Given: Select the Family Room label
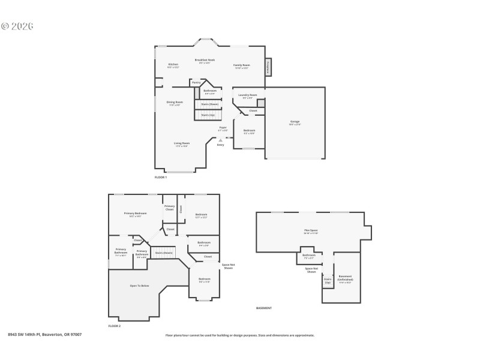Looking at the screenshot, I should click(242, 66).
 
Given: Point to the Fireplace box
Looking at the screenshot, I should click(268, 67).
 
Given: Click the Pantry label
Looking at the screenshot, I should click(196, 82).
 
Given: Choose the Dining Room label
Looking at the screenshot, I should click(175, 103).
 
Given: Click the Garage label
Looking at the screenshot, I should click(295, 122).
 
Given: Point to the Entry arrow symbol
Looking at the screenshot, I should click(220, 140).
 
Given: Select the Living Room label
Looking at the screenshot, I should click(182, 144).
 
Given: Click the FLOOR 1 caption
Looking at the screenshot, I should click(161, 177).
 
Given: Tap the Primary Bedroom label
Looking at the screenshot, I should click(136, 214).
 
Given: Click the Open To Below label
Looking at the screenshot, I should click(139, 286).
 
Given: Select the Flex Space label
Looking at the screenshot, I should click(310, 231).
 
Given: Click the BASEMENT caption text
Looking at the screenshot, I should click(264, 308).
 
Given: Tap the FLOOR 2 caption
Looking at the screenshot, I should click(115, 326).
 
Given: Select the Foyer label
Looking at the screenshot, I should click(223, 128).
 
